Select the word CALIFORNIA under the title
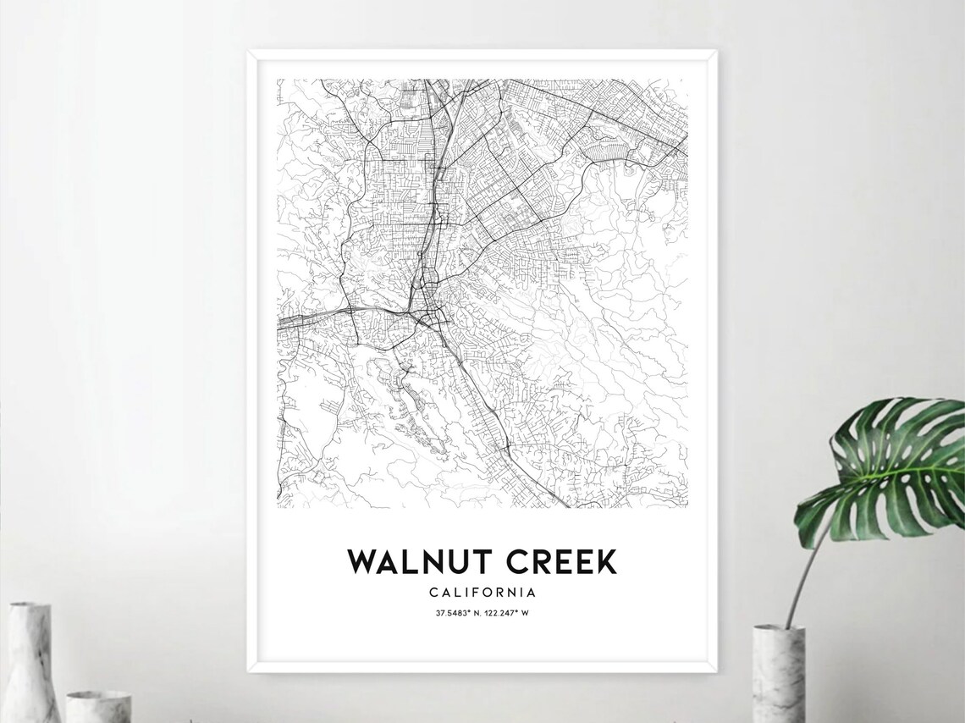482,592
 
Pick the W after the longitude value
525,613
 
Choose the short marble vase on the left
98,706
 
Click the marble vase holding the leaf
778,674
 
